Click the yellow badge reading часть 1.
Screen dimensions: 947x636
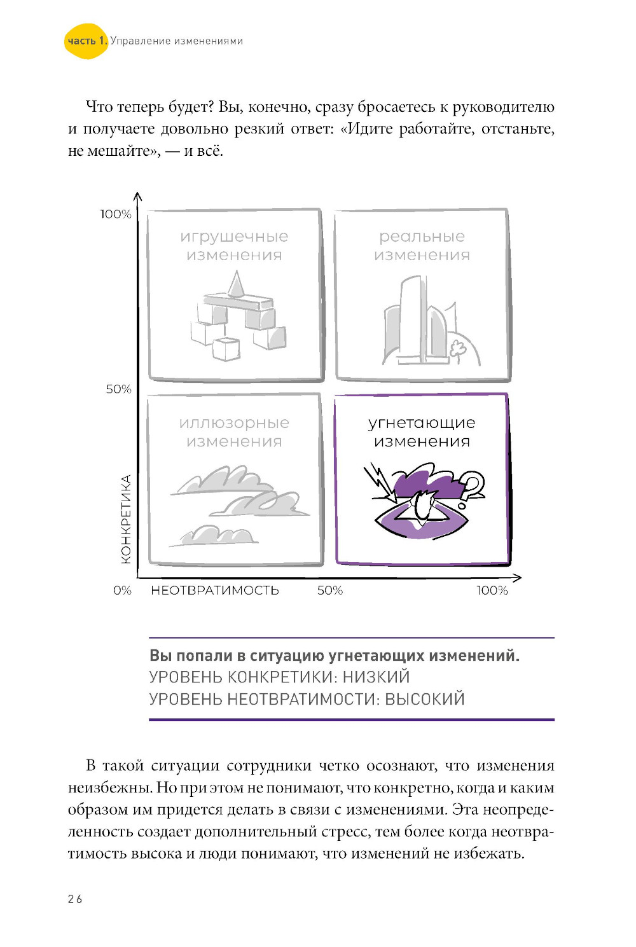(86, 41)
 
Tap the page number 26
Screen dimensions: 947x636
(75, 899)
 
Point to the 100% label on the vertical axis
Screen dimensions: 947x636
(116, 214)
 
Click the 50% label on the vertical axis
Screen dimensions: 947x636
(118, 389)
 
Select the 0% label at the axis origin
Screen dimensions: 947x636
(122, 590)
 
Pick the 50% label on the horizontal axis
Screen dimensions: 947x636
(329, 590)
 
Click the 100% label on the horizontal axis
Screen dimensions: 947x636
(492, 590)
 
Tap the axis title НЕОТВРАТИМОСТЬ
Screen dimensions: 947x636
(214, 590)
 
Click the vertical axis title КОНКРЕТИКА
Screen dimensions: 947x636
(126, 519)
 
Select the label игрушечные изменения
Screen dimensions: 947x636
(234, 245)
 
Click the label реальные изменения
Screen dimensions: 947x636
(422, 245)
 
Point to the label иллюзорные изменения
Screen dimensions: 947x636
(234, 432)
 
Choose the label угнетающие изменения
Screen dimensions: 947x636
(422, 432)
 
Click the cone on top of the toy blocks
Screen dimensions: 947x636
(236, 284)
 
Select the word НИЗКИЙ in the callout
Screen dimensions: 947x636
(376, 677)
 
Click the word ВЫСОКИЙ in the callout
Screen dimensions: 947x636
(425, 699)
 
